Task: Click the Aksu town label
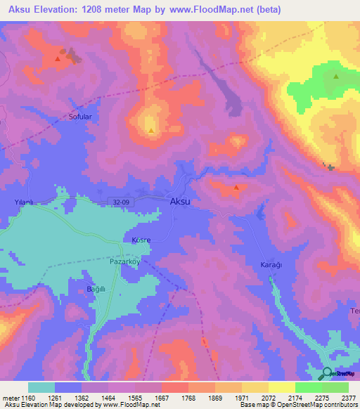pyautogui.click(x=180, y=201)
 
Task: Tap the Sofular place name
pyautogui.click(x=81, y=117)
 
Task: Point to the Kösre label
pyautogui.click(x=141, y=240)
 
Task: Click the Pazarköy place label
pyautogui.click(x=127, y=260)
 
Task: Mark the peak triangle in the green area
pyautogui.click(x=336, y=77)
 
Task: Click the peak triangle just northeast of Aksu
pyautogui.click(x=236, y=188)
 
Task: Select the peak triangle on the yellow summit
pyautogui.click(x=151, y=130)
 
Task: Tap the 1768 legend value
pyautogui.click(x=188, y=398)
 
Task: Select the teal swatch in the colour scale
pyautogui.click(x=41, y=387)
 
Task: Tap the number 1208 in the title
pyautogui.click(x=107, y=9)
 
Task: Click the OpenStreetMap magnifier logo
pyautogui.click(x=328, y=372)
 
